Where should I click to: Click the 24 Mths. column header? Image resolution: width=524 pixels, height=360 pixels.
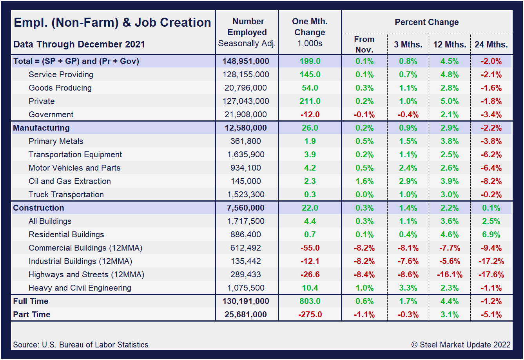point(491,44)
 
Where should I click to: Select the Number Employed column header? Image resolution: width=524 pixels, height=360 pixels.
point(247,33)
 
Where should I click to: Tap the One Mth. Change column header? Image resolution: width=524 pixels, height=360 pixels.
point(310,32)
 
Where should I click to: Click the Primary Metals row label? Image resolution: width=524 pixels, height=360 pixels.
point(56,141)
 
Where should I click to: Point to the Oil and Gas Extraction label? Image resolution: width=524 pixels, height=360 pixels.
point(70,181)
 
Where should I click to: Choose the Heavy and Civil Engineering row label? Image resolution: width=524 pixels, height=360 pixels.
point(80,288)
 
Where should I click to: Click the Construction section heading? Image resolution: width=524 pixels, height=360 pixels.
point(38,208)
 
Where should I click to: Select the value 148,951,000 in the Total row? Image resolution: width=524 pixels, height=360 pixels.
point(246,61)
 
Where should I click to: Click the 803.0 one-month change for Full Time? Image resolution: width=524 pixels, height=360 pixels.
point(310,301)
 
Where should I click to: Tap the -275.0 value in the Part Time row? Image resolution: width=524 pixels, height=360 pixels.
point(310,315)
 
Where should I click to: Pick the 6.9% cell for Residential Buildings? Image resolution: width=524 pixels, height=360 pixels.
point(491,235)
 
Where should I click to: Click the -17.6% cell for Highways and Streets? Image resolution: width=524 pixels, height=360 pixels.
point(491,275)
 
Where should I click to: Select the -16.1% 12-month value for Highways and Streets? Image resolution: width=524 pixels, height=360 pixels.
point(450,275)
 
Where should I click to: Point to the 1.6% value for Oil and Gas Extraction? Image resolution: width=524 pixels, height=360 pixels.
point(364,181)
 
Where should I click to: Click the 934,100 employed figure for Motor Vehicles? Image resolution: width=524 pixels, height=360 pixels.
point(246,168)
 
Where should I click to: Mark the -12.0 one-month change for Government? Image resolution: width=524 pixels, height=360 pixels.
point(310,115)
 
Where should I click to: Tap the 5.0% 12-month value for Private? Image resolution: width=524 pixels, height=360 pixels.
point(450,101)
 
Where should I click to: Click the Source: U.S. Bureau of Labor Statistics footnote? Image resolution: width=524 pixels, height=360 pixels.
point(81,345)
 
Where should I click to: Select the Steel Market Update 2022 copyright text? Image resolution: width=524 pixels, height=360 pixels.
point(461,345)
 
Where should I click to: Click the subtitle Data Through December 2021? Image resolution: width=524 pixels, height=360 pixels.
point(79,44)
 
